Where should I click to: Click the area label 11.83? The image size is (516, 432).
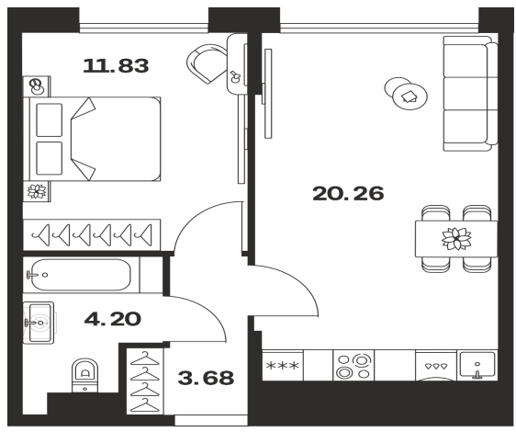click(x=116, y=65)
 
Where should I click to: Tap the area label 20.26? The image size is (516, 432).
click(x=348, y=193)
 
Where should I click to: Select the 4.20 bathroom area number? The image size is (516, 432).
click(x=113, y=319)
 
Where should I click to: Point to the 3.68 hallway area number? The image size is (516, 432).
click(x=206, y=378)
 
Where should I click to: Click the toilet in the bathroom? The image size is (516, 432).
click(x=85, y=375)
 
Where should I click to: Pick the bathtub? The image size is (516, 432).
click(x=81, y=275)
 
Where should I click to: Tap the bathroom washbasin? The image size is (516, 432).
click(x=39, y=323)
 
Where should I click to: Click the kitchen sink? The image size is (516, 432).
click(x=477, y=365)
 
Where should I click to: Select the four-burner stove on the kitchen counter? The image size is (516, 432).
click(x=353, y=366)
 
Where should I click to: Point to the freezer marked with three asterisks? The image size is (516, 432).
click(x=283, y=366)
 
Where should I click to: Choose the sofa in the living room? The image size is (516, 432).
click(x=470, y=94)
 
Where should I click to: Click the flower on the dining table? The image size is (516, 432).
click(x=456, y=238)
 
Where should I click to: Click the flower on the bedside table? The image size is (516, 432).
click(x=37, y=191)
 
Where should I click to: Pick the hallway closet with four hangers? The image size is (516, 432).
click(x=145, y=381)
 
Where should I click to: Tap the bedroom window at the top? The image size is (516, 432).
click(x=144, y=28)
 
